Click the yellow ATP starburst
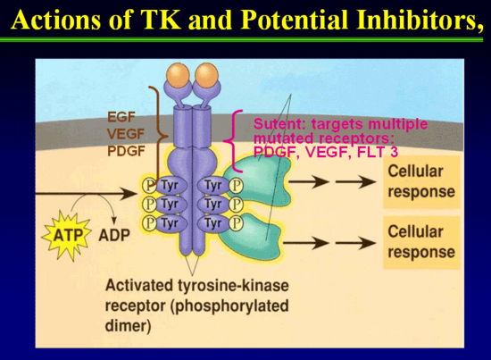point(66,235)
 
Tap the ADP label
point(114,236)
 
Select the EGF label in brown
point(121,117)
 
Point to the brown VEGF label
point(126,134)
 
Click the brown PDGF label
point(126,151)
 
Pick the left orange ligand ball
point(178,75)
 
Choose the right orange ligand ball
point(206,75)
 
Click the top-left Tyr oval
point(171,186)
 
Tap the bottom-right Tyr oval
point(213,223)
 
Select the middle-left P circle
point(150,205)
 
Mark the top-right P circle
point(236,186)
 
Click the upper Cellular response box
point(421,181)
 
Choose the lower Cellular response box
point(421,242)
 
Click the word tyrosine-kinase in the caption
point(234,286)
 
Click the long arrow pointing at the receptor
point(85,194)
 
